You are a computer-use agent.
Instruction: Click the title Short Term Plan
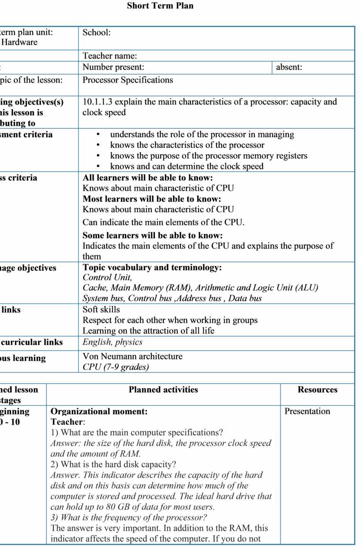pos(160,6)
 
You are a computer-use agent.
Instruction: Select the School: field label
pos(97,33)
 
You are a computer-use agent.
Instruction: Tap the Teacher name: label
pos(110,56)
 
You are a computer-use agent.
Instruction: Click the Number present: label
pos(113,67)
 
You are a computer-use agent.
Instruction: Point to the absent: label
pos(289,67)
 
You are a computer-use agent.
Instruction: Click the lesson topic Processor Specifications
pos(127,80)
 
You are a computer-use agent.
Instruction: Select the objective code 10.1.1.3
pos(97,102)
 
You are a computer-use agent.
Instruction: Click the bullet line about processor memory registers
pos(209,156)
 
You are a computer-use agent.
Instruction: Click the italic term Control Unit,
pos(107,277)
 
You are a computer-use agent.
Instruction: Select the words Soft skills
pos(101,310)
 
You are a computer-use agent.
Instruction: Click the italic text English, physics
pos(112,342)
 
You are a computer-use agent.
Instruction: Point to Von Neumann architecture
pos(132,356)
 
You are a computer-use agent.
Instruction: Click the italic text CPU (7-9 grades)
pos(116,367)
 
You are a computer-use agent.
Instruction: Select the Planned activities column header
pos(163,389)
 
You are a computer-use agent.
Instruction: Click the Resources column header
pos(317,389)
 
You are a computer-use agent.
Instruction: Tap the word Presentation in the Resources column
pos(307,411)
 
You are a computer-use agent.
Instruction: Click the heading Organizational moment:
pos(99,411)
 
